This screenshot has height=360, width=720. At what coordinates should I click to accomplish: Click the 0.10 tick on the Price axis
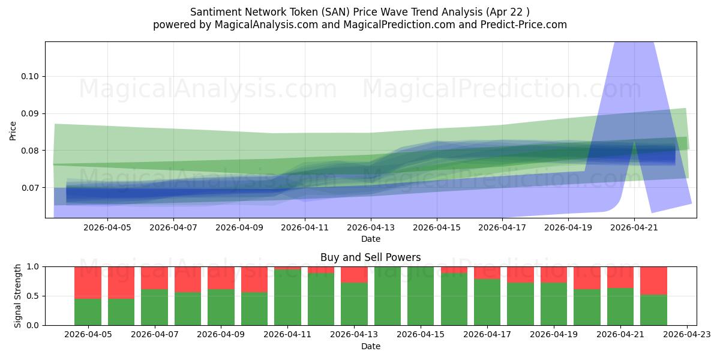pyautogui.click(x=30, y=77)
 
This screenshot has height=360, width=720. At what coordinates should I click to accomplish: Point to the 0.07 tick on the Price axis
pyautogui.click(x=30, y=188)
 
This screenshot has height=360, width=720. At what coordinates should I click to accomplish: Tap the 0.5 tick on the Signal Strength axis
pyautogui.click(x=32, y=296)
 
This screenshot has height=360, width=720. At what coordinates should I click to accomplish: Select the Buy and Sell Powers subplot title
pyautogui.click(x=371, y=257)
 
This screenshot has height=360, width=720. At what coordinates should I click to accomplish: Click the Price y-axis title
pyautogui.click(x=13, y=131)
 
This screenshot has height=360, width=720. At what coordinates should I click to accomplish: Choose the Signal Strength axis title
pyautogui.click(x=17, y=296)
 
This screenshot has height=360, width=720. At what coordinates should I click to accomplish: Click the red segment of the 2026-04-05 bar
pyautogui.click(x=88, y=283)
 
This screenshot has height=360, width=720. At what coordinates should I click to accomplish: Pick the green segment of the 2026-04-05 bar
pyautogui.click(x=88, y=312)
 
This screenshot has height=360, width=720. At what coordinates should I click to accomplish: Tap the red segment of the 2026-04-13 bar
pyautogui.click(x=354, y=275)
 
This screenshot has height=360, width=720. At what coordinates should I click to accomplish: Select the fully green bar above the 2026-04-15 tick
pyautogui.click(x=421, y=296)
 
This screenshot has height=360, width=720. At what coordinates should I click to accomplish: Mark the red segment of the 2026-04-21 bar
pyautogui.click(x=620, y=277)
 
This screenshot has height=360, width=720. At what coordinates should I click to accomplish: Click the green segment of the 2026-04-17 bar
pyautogui.click(x=487, y=302)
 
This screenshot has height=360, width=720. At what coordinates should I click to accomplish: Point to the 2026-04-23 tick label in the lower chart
pyautogui.click(x=687, y=335)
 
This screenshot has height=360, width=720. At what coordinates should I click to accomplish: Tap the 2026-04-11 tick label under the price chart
pyautogui.click(x=305, y=227)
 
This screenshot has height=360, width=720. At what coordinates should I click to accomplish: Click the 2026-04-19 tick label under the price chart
pyautogui.click(x=568, y=227)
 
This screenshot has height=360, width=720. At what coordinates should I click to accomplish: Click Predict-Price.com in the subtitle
pyautogui.click(x=524, y=25)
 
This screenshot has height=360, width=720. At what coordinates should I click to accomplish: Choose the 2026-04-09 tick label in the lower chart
pyautogui.click(x=221, y=335)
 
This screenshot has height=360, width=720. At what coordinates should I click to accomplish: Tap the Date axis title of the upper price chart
pyautogui.click(x=371, y=239)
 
